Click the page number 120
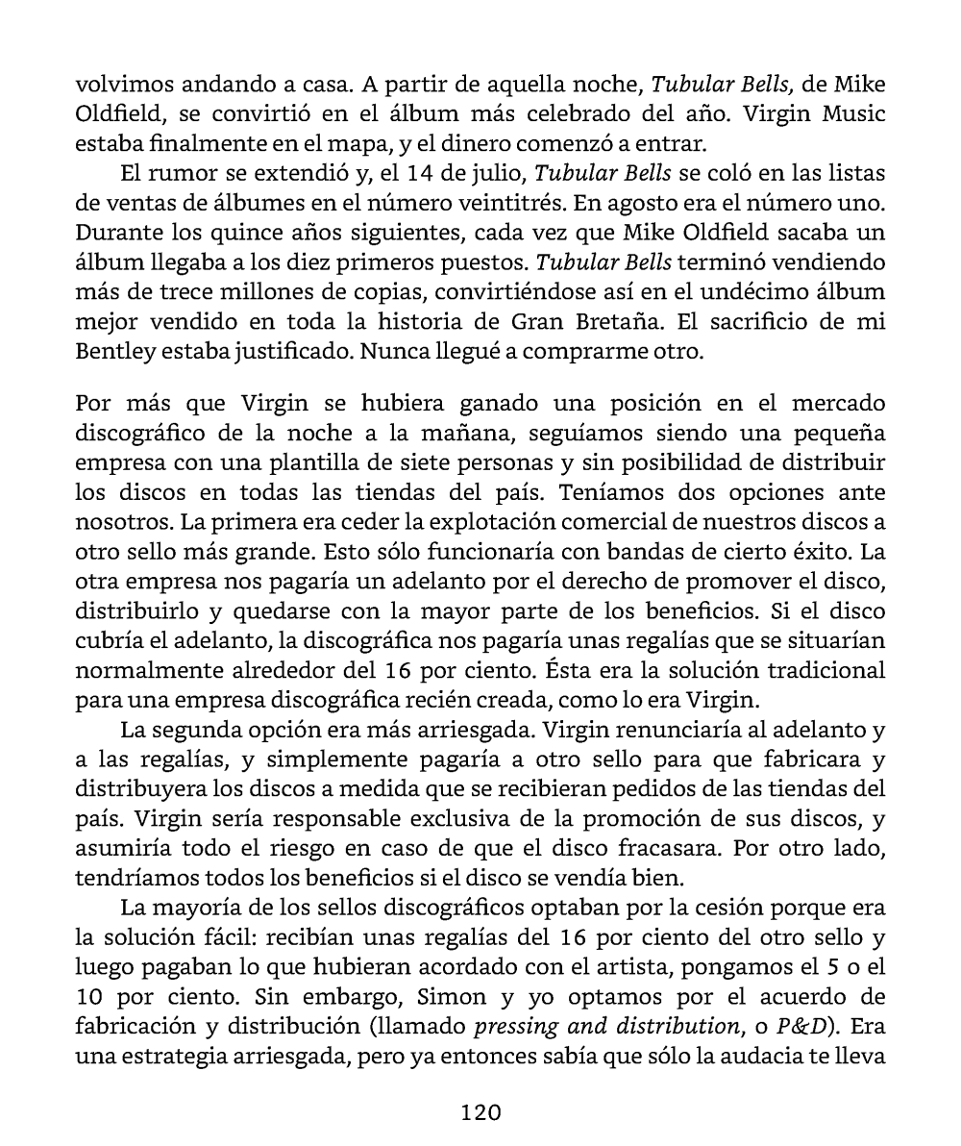[x=480, y=1112]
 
